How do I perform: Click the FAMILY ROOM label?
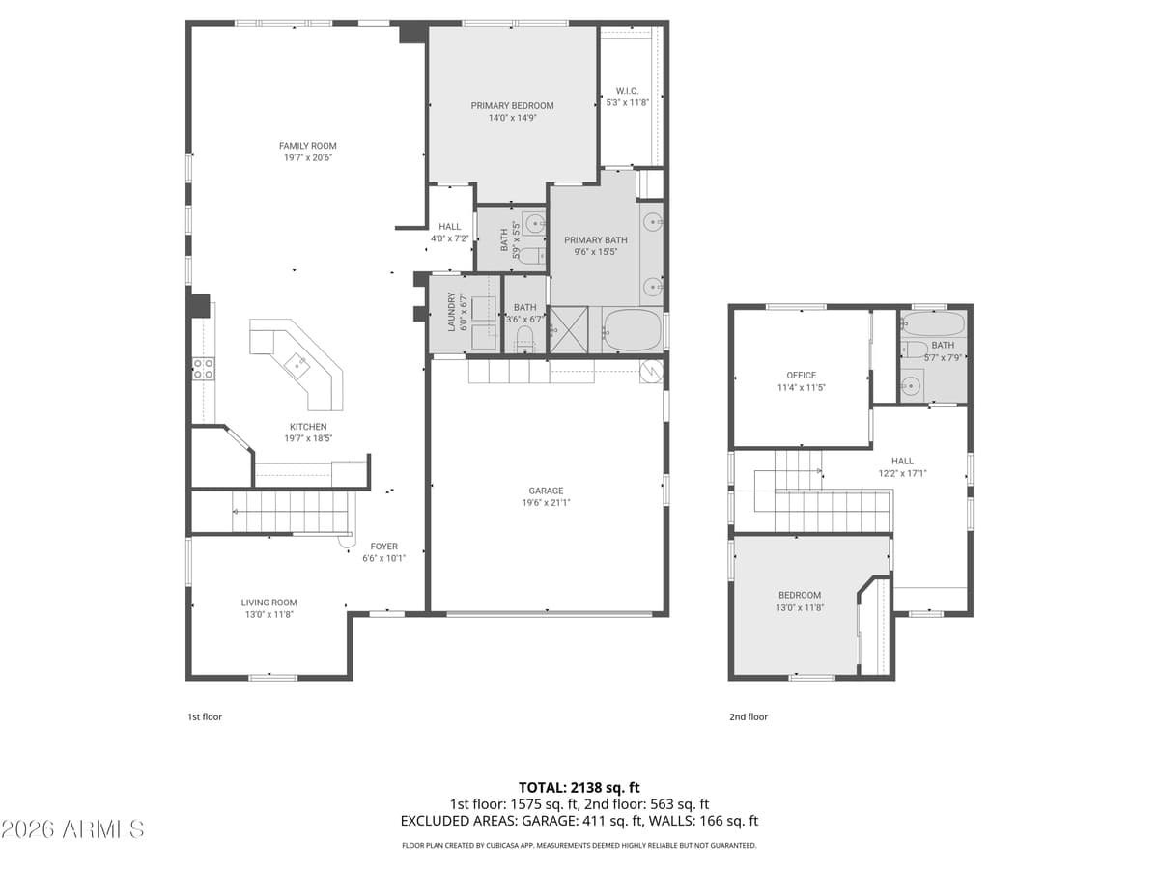click(307, 146)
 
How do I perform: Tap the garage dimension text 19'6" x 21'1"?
click(545, 502)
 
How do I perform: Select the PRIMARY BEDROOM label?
click(512, 105)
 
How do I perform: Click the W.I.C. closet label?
click(627, 91)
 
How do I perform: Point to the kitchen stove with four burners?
click(203, 368)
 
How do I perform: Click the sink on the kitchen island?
click(297, 362)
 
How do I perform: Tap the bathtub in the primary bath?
click(632, 330)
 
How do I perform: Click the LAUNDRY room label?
click(451, 312)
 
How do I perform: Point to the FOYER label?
click(383, 546)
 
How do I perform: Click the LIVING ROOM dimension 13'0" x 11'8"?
click(269, 613)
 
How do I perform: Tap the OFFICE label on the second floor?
click(801, 375)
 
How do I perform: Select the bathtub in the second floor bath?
click(933, 322)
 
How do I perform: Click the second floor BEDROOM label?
click(800, 595)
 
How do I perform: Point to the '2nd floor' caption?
click(749, 717)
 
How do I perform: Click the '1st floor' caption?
click(205, 717)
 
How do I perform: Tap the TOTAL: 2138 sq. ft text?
click(579, 787)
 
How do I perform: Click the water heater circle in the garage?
click(652, 369)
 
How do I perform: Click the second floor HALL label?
click(902, 461)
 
